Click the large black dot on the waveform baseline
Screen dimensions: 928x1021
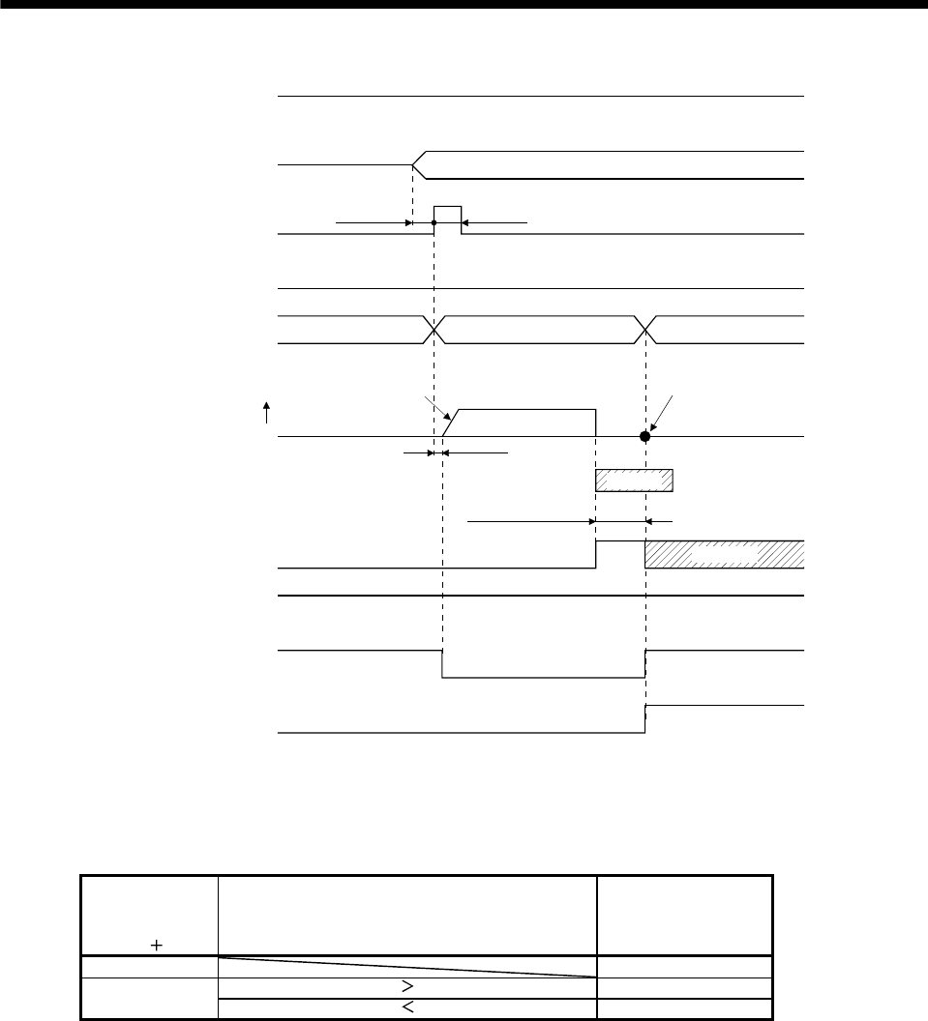pos(644,436)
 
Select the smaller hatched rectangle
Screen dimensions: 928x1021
pos(634,480)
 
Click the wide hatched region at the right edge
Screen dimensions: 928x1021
pos(724,554)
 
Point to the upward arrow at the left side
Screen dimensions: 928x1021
pos(267,414)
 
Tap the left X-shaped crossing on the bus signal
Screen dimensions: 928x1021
pos(434,330)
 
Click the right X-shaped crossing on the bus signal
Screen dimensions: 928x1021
pos(644,330)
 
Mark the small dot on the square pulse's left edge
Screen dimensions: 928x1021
pos(434,223)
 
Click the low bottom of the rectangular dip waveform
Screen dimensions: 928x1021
pos(542,678)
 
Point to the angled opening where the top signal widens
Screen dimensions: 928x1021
pos(420,165)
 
